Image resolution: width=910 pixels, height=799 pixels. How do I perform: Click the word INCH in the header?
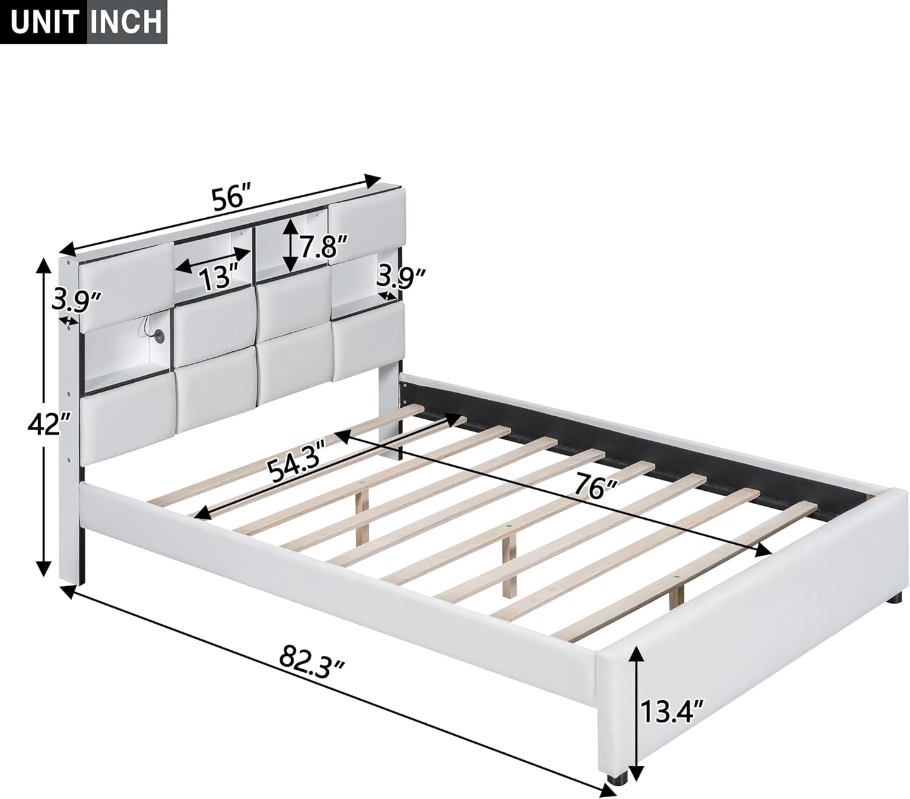tap(126, 21)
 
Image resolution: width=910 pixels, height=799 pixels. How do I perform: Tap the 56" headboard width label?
tap(231, 198)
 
